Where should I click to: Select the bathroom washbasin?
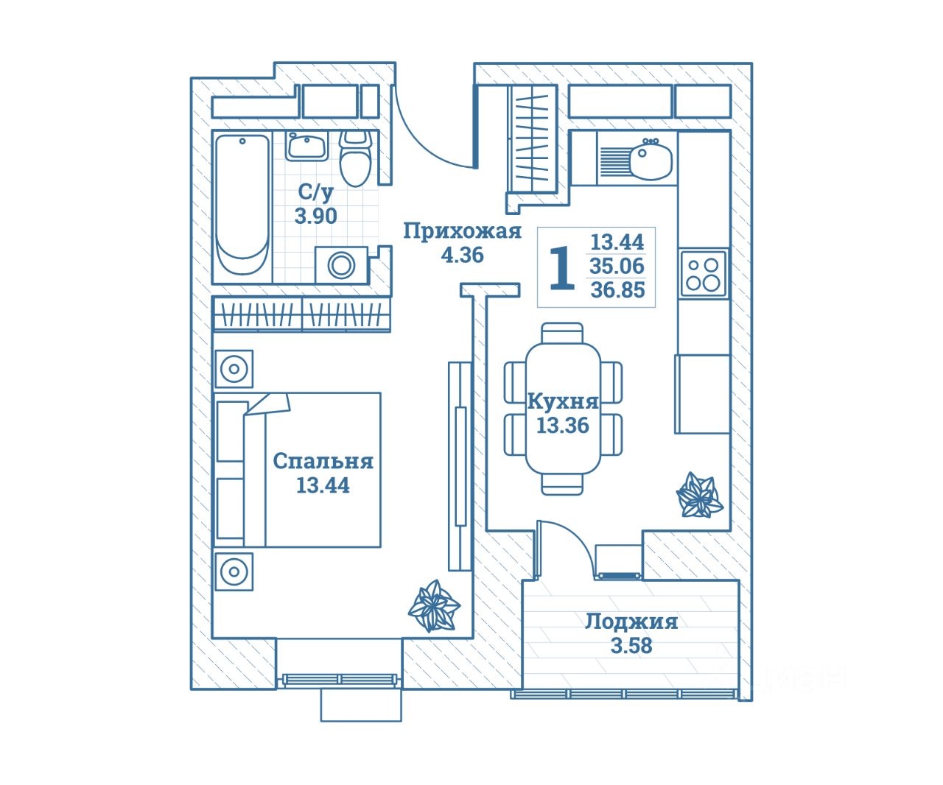pyautogui.click(x=306, y=146)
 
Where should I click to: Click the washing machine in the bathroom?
pyautogui.click(x=341, y=264)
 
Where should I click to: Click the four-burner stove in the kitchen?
pyautogui.click(x=703, y=273)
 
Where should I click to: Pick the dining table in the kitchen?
pyautogui.click(x=563, y=409)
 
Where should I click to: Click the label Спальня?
pyautogui.click(x=323, y=462)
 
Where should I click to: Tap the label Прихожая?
pyautogui.click(x=462, y=232)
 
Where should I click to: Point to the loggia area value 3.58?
pyautogui.click(x=631, y=646)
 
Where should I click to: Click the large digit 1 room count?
pyautogui.click(x=562, y=270)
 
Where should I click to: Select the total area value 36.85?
pyautogui.click(x=617, y=290)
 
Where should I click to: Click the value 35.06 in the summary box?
pyautogui.click(x=617, y=266)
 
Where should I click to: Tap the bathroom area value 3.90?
pyautogui.click(x=316, y=217)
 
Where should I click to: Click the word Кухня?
pyautogui.click(x=563, y=402)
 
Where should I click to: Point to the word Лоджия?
pyautogui.click(x=631, y=622)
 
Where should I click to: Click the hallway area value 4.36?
pyautogui.click(x=462, y=256)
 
